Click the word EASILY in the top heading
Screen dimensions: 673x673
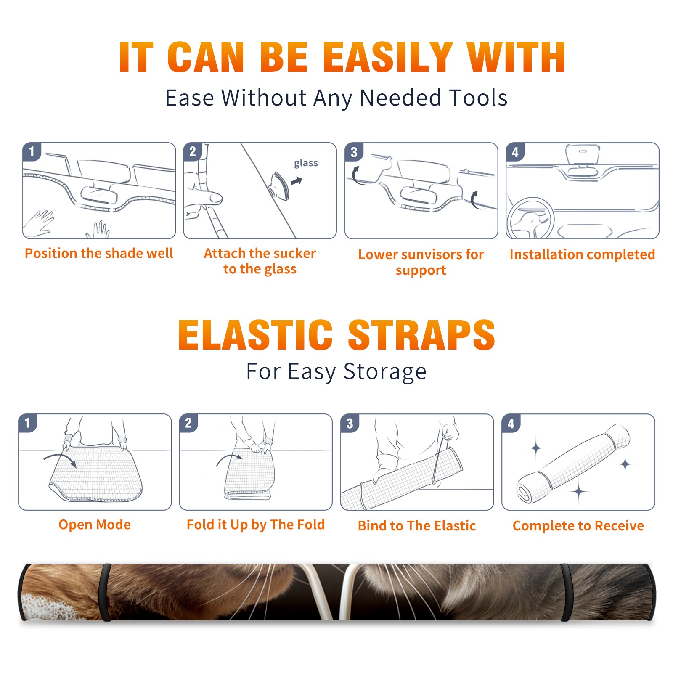(388, 57)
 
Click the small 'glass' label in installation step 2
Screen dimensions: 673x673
(306, 163)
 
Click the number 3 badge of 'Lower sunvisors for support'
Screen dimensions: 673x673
(354, 152)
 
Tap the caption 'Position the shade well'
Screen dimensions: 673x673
(99, 253)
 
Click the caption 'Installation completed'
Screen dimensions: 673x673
(582, 254)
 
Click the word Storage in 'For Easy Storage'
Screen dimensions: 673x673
(385, 372)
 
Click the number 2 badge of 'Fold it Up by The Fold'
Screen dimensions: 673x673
(188, 423)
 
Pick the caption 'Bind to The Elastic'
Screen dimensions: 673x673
(417, 525)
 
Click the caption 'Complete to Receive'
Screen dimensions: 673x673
(578, 525)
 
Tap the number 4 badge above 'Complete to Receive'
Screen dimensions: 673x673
(511, 423)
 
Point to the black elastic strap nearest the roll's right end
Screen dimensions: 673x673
(566, 592)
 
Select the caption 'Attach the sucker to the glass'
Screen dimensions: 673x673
(260, 261)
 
